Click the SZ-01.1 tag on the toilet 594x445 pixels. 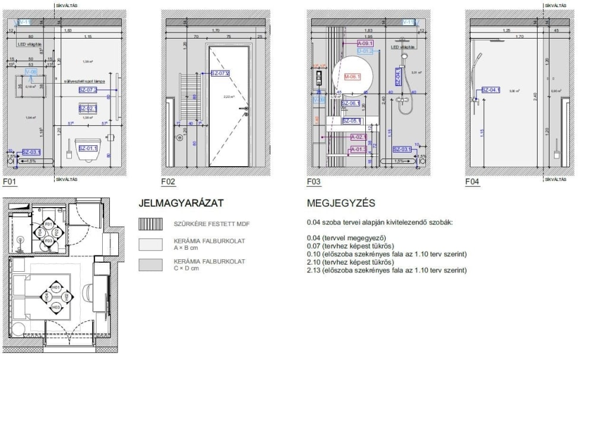click(x=88, y=148)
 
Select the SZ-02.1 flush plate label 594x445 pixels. click(x=88, y=109)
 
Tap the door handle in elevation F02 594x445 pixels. click(x=246, y=109)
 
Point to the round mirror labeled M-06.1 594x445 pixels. click(x=353, y=77)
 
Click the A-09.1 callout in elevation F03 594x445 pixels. click(x=365, y=44)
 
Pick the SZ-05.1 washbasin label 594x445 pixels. click(x=351, y=121)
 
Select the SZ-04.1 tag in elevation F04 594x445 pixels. click(x=491, y=90)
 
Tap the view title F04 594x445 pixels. click(x=472, y=182)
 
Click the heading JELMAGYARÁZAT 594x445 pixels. click(x=181, y=204)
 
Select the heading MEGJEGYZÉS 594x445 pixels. click(x=341, y=204)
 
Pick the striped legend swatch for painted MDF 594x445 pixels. click(x=150, y=224)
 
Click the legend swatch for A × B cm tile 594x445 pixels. click(x=150, y=244)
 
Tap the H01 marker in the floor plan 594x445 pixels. click(x=56, y=287)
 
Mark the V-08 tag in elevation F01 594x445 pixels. click(x=31, y=72)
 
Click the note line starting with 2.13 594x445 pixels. click(x=386, y=271)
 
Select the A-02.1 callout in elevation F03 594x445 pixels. click(x=359, y=137)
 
